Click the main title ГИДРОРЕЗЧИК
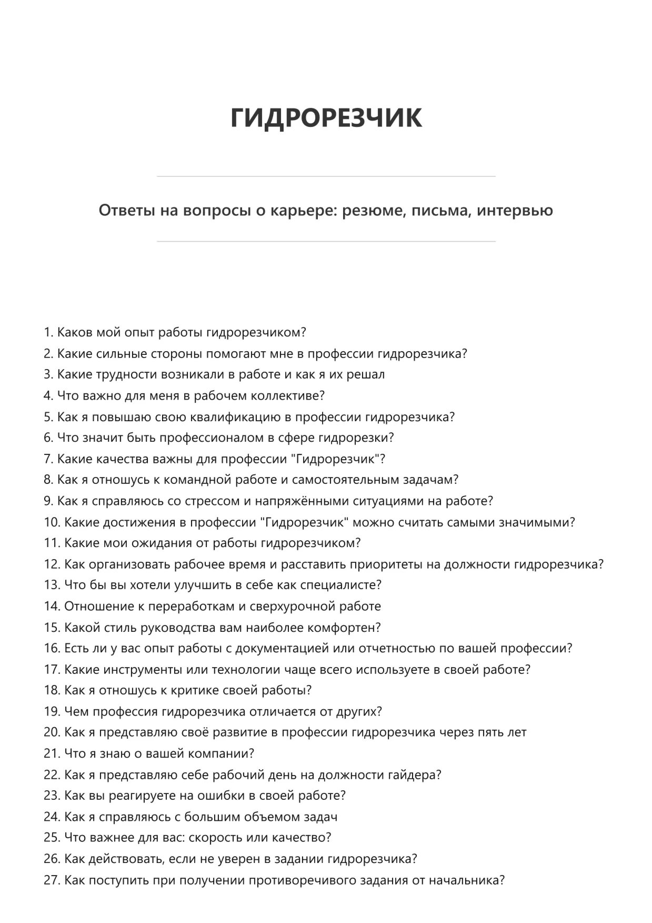click(x=326, y=117)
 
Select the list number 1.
click(x=48, y=333)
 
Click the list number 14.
click(x=52, y=607)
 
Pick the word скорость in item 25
click(x=212, y=838)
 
